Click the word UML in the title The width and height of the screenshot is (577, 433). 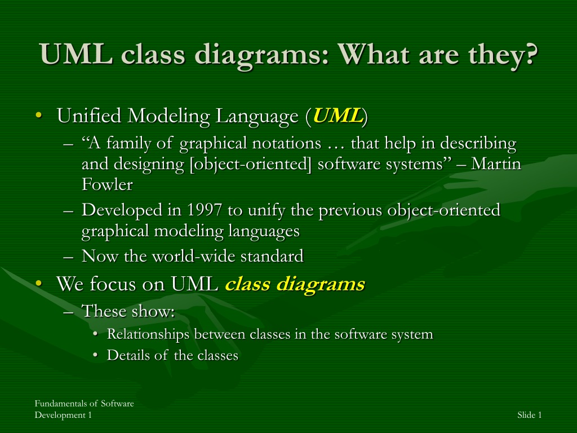76,54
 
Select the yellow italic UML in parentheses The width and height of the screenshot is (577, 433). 338,116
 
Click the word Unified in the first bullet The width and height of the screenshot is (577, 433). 89,116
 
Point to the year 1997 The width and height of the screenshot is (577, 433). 205,210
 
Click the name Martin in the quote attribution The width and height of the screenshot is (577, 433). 496,164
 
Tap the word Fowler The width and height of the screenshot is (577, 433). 107,184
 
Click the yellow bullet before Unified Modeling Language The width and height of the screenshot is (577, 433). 39,115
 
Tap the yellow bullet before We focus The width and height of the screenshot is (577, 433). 39,283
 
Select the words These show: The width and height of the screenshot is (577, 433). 128,311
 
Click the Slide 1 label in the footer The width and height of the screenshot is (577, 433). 530,415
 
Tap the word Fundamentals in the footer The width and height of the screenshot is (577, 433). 60,404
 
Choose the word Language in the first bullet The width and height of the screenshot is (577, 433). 257,116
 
